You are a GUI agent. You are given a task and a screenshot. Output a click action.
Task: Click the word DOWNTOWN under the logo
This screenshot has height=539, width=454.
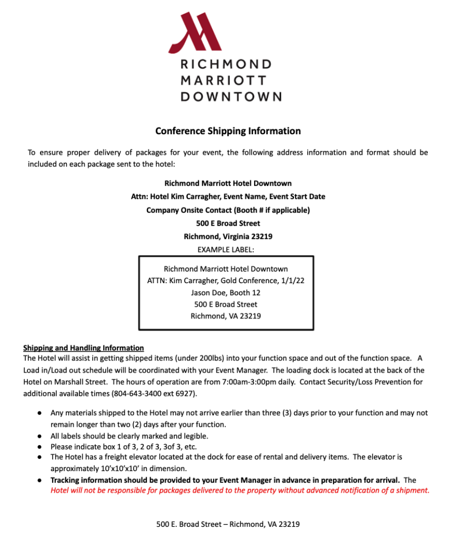coord(230,97)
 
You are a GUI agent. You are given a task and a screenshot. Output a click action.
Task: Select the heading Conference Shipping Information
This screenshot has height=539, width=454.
coord(228,131)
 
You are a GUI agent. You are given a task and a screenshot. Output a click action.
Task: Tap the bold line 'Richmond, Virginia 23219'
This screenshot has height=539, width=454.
coord(228,236)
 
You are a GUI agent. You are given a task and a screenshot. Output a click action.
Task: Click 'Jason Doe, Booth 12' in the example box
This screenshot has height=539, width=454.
coord(226,293)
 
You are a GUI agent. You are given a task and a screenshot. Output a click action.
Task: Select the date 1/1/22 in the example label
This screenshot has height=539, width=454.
coord(293,281)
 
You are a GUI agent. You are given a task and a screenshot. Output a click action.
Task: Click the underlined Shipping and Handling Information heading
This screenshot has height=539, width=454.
coord(83,348)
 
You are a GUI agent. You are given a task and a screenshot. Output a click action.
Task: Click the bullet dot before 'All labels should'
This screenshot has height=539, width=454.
coord(39,436)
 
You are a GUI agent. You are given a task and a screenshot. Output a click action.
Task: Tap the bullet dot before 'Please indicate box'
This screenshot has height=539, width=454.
coord(39,447)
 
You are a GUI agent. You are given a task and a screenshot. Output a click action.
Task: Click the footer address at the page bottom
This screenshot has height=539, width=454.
coord(228,524)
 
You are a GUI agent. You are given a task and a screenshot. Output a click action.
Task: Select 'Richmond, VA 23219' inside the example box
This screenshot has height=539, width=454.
coord(226,316)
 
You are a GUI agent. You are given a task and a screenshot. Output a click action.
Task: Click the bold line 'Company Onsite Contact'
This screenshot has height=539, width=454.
coord(228,210)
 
